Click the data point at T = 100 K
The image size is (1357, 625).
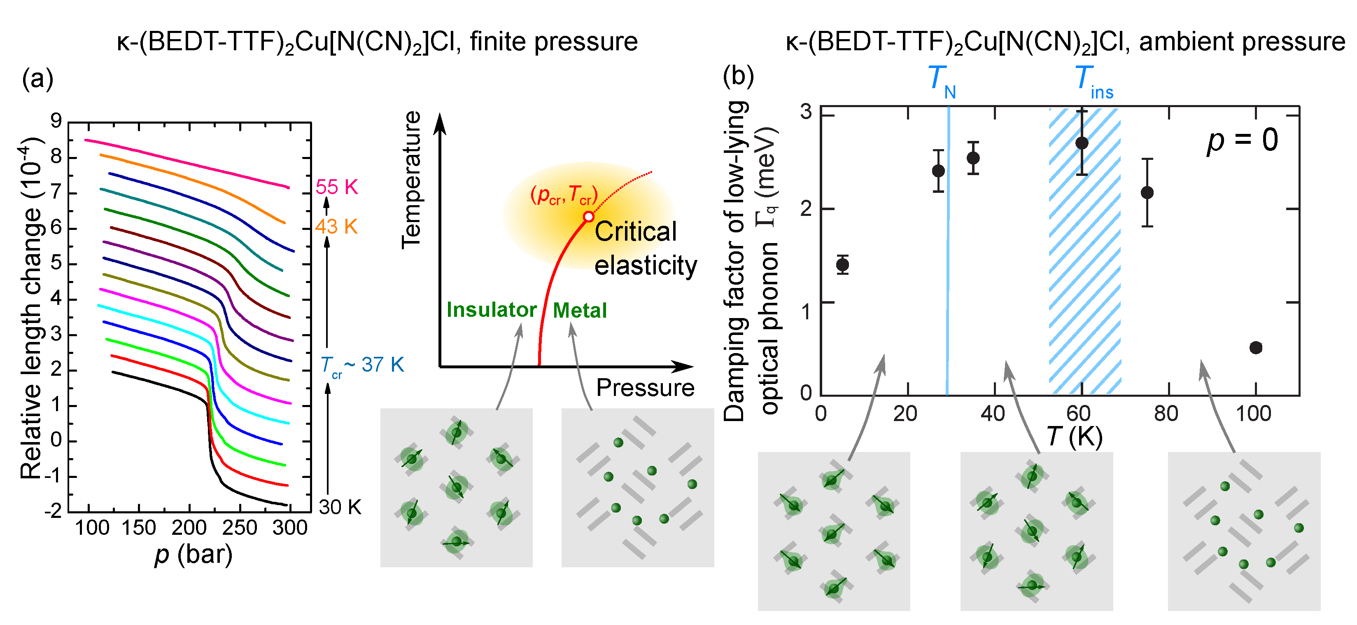tap(1256, 347)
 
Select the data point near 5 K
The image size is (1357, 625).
tap(843, 265)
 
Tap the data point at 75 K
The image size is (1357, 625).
tap(1147, 192)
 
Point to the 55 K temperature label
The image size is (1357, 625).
tap(337, 187)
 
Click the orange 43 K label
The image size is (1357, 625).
tap(337, 227)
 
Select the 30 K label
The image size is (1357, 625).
tap(340, 507)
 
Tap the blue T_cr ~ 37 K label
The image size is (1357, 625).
tap(362, 365)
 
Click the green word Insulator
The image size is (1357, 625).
tap(492, 310)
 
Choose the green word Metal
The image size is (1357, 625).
tap(579, 310)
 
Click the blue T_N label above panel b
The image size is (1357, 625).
tap(941, 82)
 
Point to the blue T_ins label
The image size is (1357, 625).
tap(1094, 82)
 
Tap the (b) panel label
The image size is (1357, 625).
tap(738, 76)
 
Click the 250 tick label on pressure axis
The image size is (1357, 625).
tap(240, 527)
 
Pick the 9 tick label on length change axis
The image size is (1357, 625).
tap(56, 121)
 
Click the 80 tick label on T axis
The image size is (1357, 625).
tap(1166, 414)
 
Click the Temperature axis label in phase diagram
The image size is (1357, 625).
tap(411, 180)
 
